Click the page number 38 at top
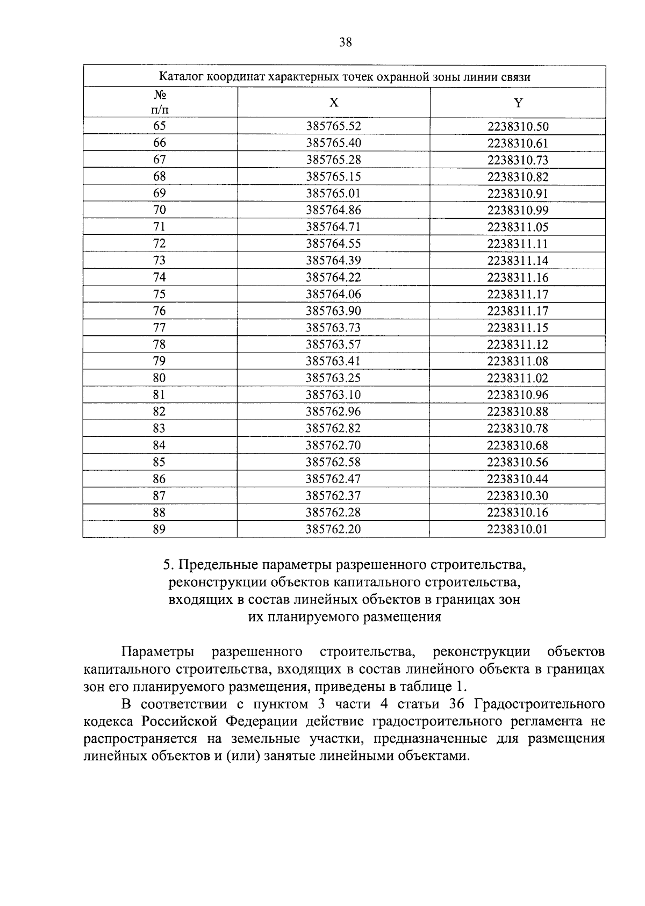346,42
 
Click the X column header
334,103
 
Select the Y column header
518,103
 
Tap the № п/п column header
160,103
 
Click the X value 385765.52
333,126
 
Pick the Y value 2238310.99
518,210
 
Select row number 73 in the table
160,261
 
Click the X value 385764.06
333,294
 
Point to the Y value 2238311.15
518,328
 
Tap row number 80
160,378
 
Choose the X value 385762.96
333,412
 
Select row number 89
159,529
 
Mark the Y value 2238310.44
518,479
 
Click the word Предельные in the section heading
219,565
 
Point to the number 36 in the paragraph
456,704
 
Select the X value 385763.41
333,361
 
